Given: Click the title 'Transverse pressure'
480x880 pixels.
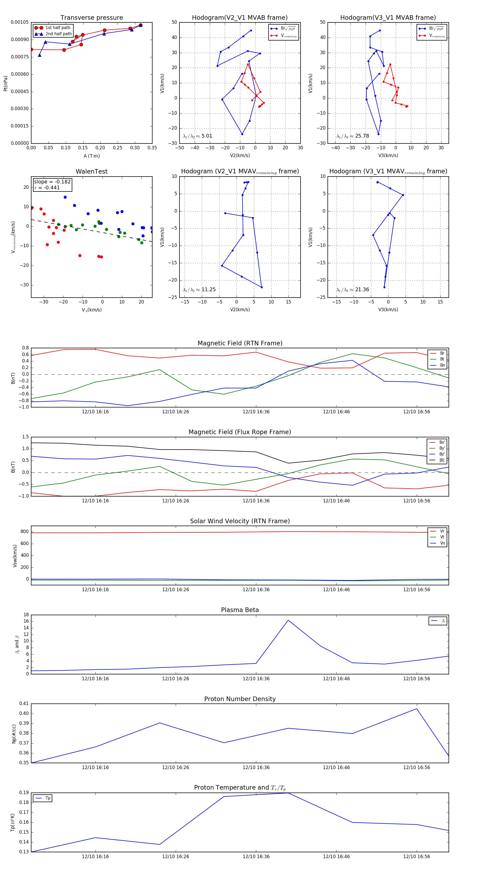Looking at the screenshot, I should [x=91, y=18].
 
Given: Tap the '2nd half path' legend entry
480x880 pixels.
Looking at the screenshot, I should [x=58, y=34].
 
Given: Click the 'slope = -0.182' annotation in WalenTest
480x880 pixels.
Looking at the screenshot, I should [x=52, y=182].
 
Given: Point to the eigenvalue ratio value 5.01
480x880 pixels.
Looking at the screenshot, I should [x=207, y=136].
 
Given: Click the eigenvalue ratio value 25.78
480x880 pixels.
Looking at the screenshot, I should [x=362, y=136].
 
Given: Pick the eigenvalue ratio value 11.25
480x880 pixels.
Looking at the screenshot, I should [x=208, y=290].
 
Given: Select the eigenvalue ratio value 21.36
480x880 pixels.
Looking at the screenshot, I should [x=362, y=290].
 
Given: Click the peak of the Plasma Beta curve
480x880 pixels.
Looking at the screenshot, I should [x=288, y=620].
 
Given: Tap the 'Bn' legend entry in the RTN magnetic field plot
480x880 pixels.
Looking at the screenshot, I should [x=442, y=365].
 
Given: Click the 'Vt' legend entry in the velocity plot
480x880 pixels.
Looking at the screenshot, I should [x=442, y=537].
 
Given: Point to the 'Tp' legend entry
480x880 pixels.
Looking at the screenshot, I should [x=48, y=798].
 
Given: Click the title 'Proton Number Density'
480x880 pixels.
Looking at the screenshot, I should [x=240, y=699].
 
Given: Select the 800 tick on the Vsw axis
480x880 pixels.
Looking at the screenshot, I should [x=25, y=531].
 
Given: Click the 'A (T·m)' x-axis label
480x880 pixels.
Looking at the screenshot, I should [x=91, y=156].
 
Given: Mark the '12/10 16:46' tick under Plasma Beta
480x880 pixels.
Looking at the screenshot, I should [x=336, y=678].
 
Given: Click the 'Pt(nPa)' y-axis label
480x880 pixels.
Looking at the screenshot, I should [x=5, y=83].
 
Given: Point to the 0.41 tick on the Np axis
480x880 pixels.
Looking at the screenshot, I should [x=24, y=703].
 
